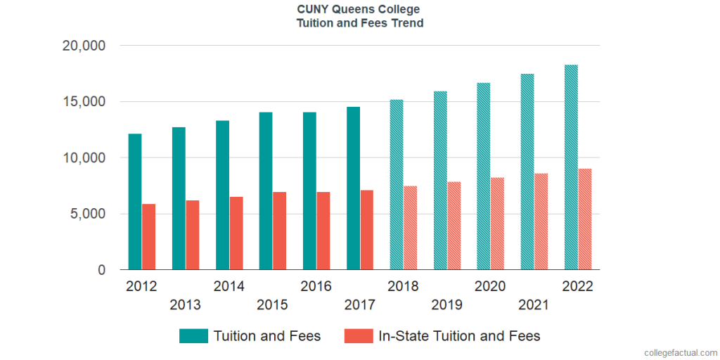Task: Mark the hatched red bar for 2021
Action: pos(541,221)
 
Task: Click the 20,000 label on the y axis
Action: pos(84,46)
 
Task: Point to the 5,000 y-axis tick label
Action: pos(87,214)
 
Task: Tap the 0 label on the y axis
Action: pos(102,271)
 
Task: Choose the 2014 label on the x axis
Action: pos(229,287)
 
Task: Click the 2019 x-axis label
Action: pos(447,305)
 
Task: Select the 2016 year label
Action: pos(316,287)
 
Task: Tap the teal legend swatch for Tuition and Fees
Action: pos(193,336)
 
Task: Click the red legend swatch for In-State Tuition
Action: pos(359,336)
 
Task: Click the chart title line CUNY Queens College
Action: pos(359,10)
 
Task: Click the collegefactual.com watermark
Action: pos(679,351)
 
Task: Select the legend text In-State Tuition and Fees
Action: pos(459,336)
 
